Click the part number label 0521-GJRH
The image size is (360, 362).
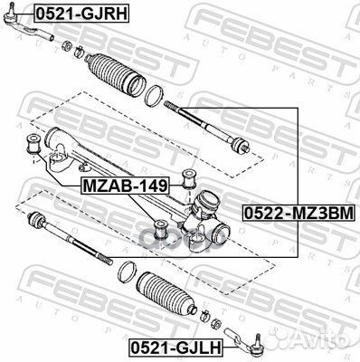81,14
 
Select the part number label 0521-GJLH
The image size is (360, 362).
176,347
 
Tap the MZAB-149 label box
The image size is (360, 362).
125,186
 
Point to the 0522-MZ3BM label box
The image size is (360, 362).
298,213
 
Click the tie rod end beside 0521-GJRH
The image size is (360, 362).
27,25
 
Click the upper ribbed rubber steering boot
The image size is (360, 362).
116,74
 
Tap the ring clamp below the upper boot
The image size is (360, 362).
154,96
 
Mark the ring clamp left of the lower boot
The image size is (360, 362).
127,272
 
